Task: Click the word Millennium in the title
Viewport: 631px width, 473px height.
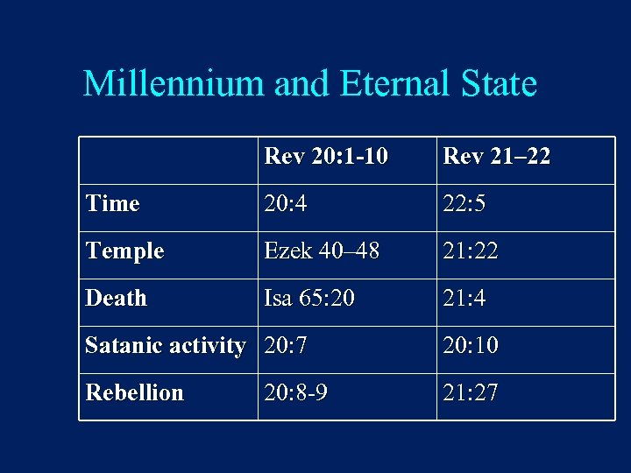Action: [174, 84]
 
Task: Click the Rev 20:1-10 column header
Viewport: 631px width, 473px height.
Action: [325, 157]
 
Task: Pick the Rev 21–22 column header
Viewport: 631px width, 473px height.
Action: [497, 157]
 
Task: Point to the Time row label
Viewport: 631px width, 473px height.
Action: [112, 204]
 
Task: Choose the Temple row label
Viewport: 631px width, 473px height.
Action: [124, 251]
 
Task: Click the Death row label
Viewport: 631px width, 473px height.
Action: [116, 299]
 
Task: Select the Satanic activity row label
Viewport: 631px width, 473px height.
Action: [165, 346]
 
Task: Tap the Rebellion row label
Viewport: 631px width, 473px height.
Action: [134, 393]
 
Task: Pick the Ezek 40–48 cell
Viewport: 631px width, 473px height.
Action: [322, 251]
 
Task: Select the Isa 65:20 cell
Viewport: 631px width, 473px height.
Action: [309, 299]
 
